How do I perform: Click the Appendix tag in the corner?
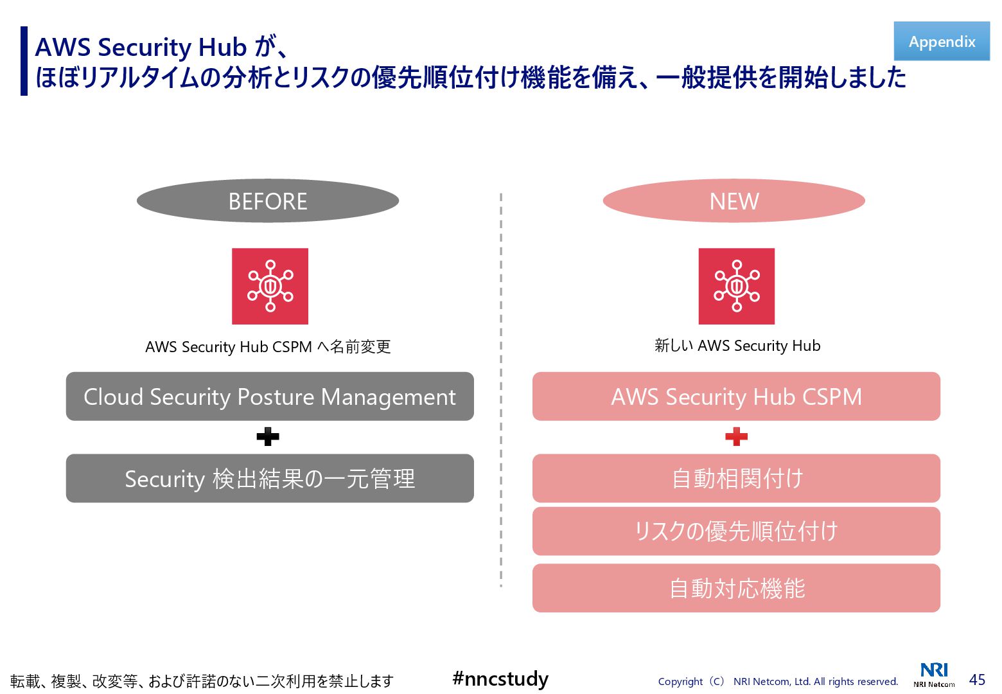942,41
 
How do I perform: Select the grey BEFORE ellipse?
268,201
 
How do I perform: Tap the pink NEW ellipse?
734,201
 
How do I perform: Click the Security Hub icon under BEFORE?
270,286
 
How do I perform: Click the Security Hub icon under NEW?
736,286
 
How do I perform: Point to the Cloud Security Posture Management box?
270,396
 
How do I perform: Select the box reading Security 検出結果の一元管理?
270,479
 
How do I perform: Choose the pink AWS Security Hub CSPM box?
736,396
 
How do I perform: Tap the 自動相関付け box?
736,479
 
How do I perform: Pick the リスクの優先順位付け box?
736,531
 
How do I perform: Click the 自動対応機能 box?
736,588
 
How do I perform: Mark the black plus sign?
268,437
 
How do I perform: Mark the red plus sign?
736,437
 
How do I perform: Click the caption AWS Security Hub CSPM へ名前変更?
268,347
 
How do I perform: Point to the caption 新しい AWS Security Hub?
737,346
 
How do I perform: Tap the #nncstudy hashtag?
500,679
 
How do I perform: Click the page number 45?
977,680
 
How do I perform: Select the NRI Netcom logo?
934,675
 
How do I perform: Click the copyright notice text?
778,682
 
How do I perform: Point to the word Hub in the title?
222,48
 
